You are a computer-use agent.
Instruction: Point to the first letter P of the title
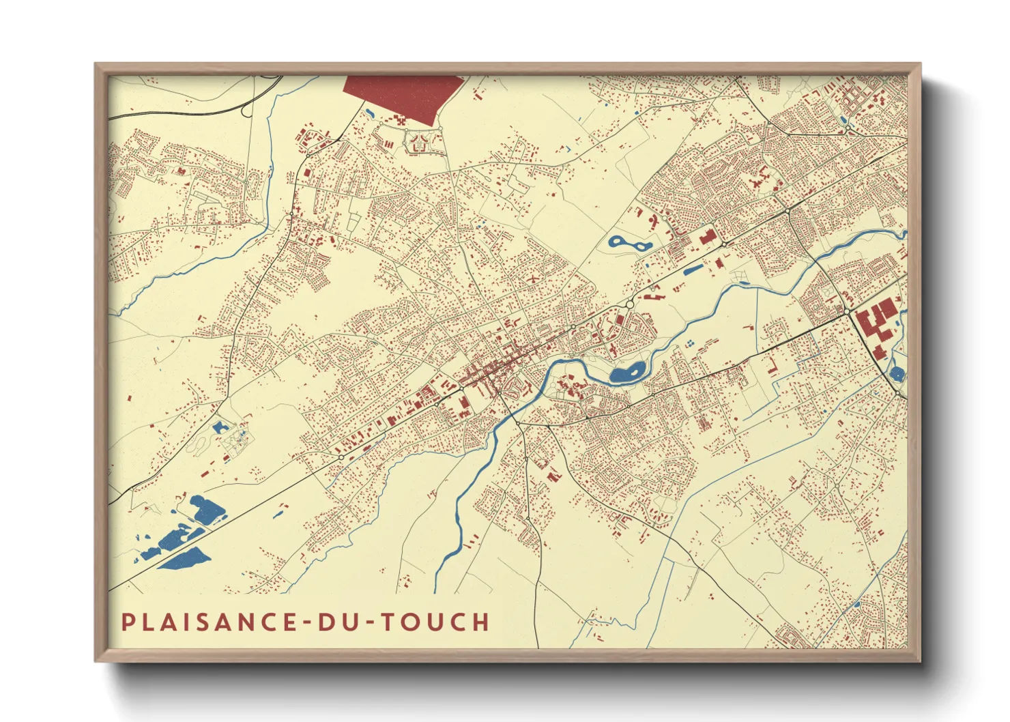pyautogui.click(x=127, y=622)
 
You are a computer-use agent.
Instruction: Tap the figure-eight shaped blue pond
pyautogui.click(x=629, y=242)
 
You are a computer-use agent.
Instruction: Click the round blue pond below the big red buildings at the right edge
pyautogui.click(x=897, y=373)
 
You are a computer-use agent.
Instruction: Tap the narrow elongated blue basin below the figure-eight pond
pyautogui.click(x=693, y=270)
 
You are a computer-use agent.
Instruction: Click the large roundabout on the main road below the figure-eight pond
pyautogui.click(x=629, y=303)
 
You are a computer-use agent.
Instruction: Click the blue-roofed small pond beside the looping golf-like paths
pyautogui.click(x=219, y=428)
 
